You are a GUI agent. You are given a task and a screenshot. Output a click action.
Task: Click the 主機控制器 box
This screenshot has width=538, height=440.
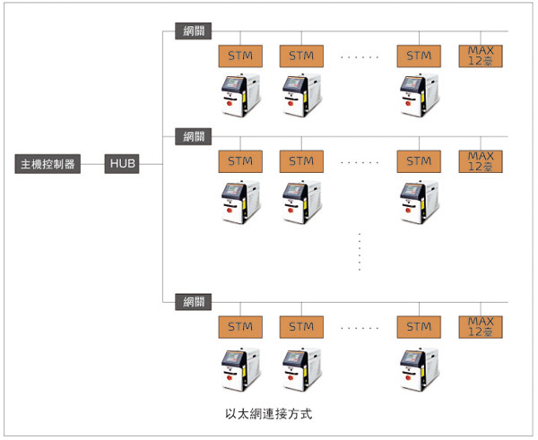48,164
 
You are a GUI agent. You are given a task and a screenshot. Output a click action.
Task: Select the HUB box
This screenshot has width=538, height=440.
122,164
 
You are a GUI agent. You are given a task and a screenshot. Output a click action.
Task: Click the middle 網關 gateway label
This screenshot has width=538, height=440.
194,137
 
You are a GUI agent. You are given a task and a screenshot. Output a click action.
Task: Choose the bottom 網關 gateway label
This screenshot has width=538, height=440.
194,300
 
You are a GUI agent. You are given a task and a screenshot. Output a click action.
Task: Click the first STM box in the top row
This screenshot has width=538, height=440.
239,56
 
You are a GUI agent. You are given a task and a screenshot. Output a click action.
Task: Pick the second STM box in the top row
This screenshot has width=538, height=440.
301,56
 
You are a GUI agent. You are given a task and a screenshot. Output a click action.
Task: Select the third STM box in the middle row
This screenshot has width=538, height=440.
419,161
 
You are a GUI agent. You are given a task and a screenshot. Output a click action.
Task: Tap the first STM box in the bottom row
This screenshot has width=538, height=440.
239,326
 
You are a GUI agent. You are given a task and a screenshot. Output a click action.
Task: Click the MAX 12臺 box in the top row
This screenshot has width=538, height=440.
481,55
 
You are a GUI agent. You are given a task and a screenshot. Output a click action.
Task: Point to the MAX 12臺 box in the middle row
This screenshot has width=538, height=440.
481,161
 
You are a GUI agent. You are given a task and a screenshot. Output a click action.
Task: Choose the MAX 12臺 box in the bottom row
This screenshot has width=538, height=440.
481,326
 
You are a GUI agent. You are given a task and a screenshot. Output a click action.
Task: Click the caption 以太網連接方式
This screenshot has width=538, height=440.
270,416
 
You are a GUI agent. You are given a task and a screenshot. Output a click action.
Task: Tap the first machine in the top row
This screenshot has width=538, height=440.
239,96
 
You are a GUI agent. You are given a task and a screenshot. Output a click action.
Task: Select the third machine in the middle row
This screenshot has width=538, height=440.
418,203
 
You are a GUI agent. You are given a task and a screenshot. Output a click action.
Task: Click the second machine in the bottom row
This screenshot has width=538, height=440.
301,368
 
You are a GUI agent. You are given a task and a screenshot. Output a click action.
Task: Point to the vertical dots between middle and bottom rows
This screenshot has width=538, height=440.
359,252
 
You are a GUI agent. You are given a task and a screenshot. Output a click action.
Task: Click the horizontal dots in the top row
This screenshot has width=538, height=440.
360,56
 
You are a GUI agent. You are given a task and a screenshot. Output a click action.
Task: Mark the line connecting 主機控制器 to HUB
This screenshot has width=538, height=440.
93,164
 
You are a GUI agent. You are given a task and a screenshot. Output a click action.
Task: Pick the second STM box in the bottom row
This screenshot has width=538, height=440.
301,326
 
